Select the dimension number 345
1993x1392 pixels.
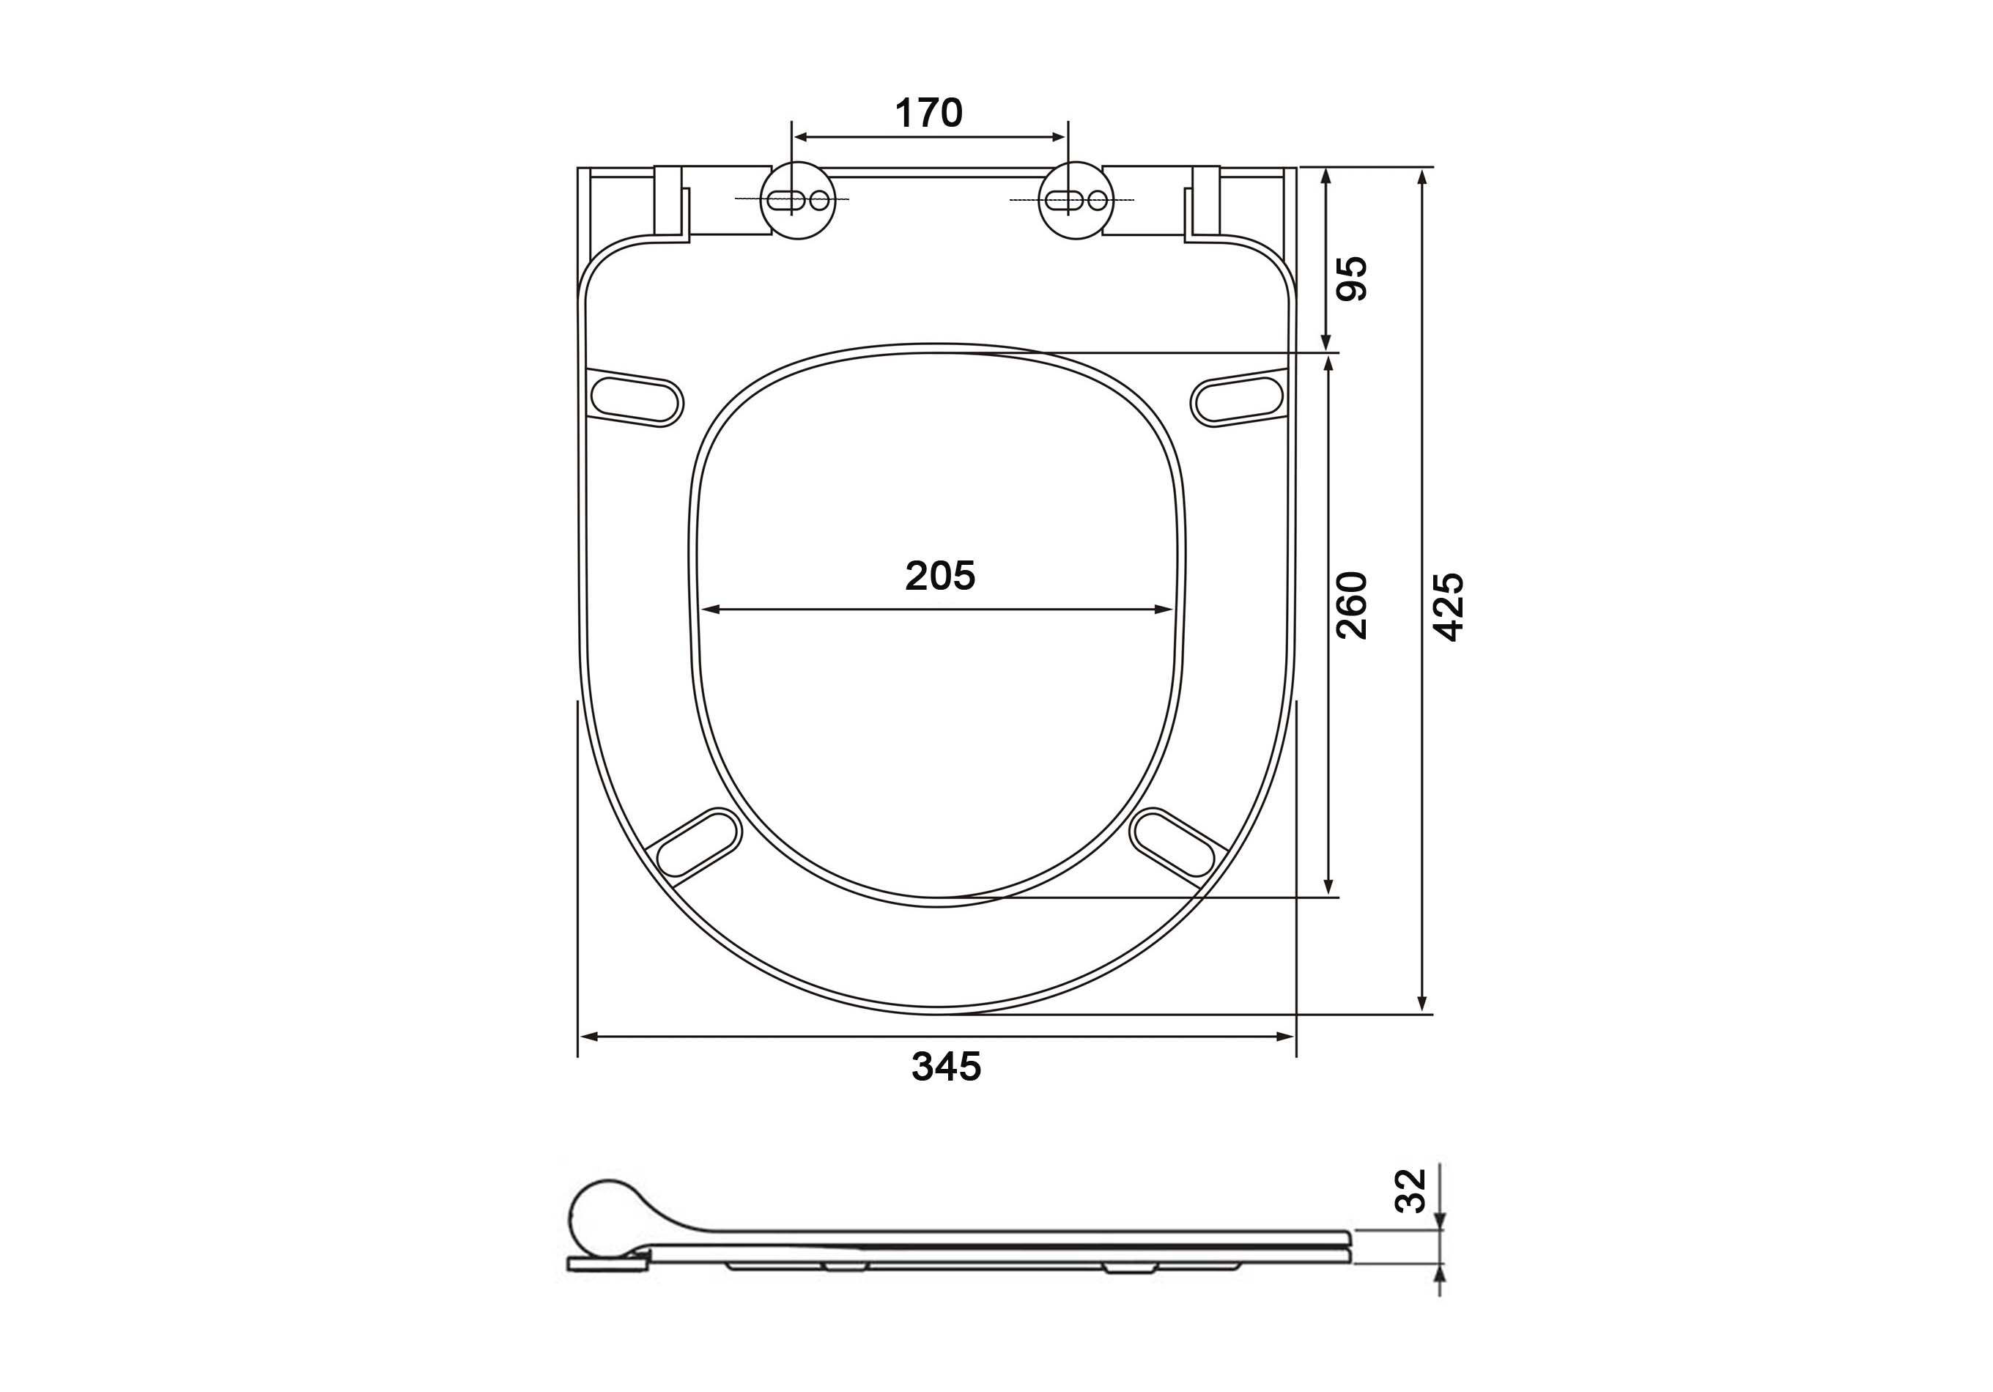(x=946, y=1067)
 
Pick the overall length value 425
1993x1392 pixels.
(x=1447, y=607)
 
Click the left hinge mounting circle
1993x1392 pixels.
(x=798, y=201)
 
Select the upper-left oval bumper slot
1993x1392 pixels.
(x=636, y=399)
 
